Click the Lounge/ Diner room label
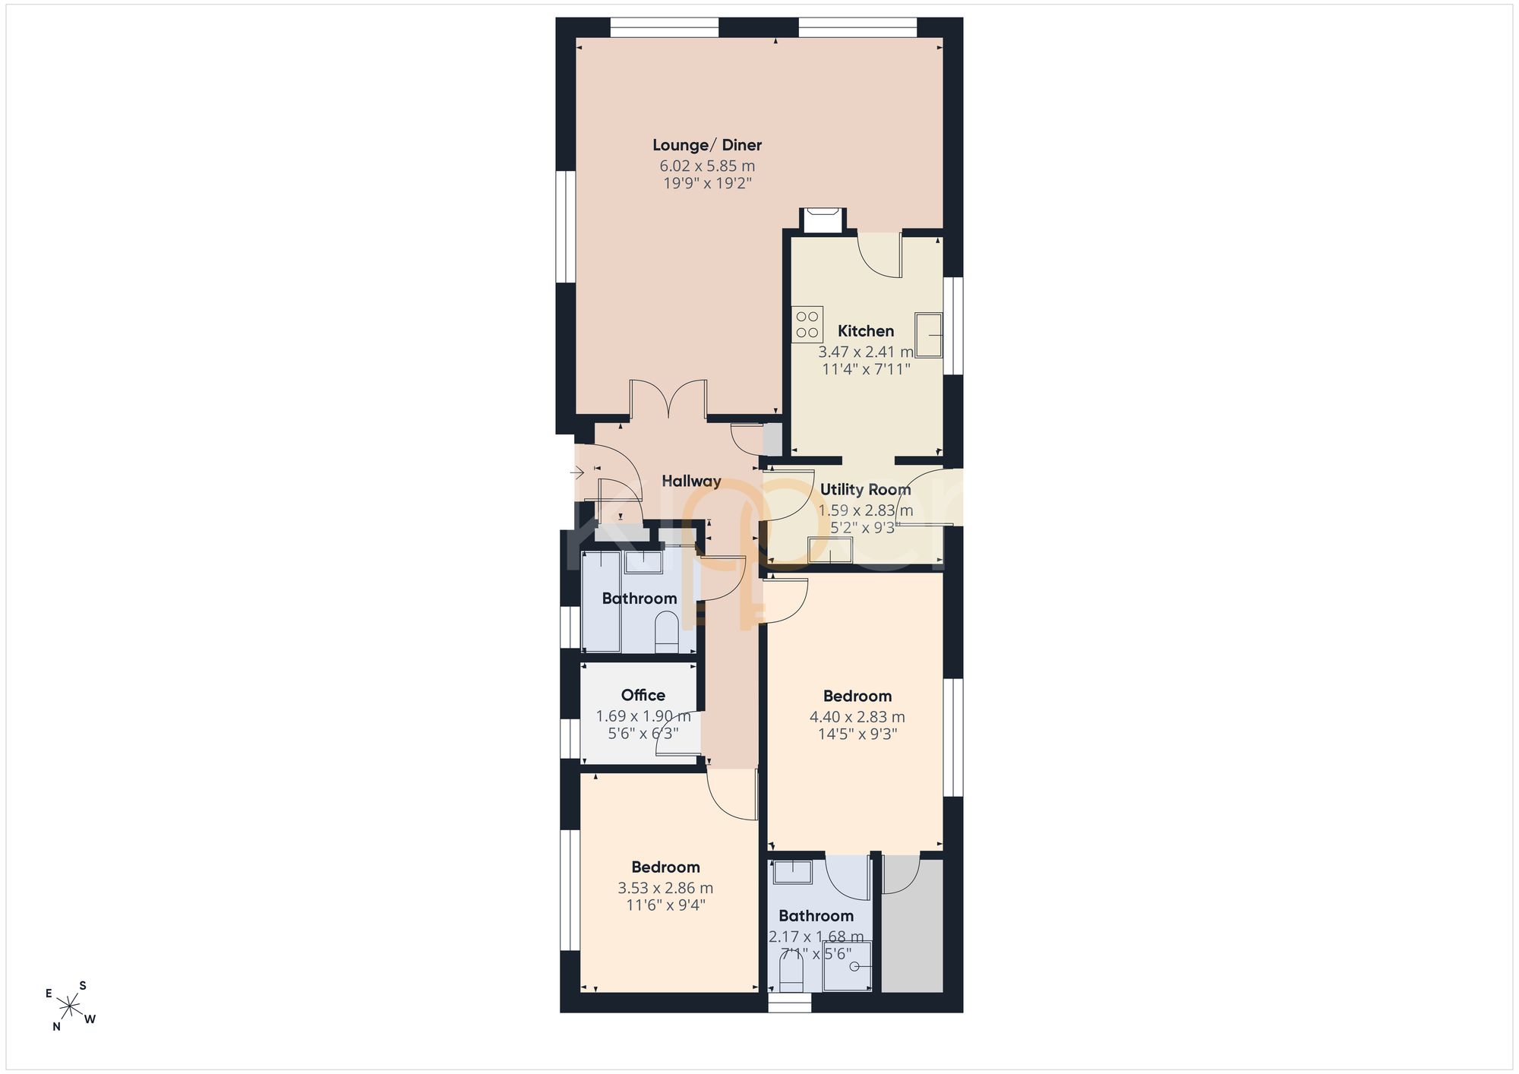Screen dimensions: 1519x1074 (x=707, y=145)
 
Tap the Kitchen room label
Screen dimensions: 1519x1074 (x=866, y=331)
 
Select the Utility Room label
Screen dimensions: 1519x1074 (x=865, y=490)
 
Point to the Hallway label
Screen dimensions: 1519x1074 (x=691, y=481)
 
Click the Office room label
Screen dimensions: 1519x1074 (x=643, y=695)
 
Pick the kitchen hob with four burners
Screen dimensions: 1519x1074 (x=807, y=324)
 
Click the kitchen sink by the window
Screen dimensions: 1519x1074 (x=928, y=335)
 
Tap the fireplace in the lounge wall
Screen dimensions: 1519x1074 (x=821, y=221)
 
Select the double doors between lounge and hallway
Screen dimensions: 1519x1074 (x=669, y=400)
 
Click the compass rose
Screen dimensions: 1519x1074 (x=70, y=1007)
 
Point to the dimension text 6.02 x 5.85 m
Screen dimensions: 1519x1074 (x=707, y=166)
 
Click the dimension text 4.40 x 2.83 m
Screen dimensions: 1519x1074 (x=857, y=717)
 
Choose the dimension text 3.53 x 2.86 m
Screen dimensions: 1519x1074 (x=665, y=888)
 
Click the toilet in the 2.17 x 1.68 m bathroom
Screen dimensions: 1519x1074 (x=791, y=973)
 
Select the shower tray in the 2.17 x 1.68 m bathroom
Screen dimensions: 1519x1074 (x=847, y=966)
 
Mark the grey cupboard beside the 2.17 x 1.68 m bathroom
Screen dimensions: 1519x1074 (x=912, y=925)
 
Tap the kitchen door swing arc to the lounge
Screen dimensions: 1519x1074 (x=878, y=257)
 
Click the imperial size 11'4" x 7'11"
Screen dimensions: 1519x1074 (x=866, y=369)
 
